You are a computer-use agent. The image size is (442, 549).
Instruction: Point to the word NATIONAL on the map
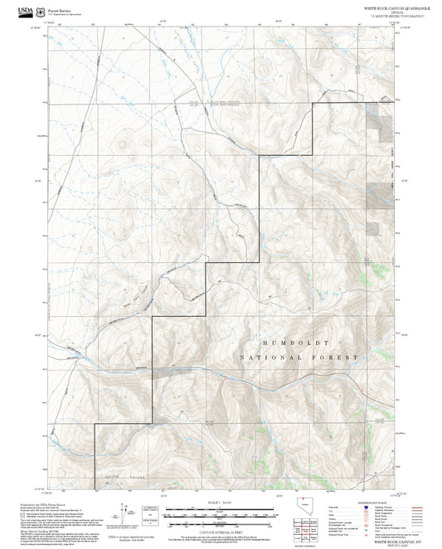268,357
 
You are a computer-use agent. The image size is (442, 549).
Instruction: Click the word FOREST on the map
339,357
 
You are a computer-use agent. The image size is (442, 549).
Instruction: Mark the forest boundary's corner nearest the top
313,103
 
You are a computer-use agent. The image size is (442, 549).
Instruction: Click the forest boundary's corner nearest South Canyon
94,425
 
